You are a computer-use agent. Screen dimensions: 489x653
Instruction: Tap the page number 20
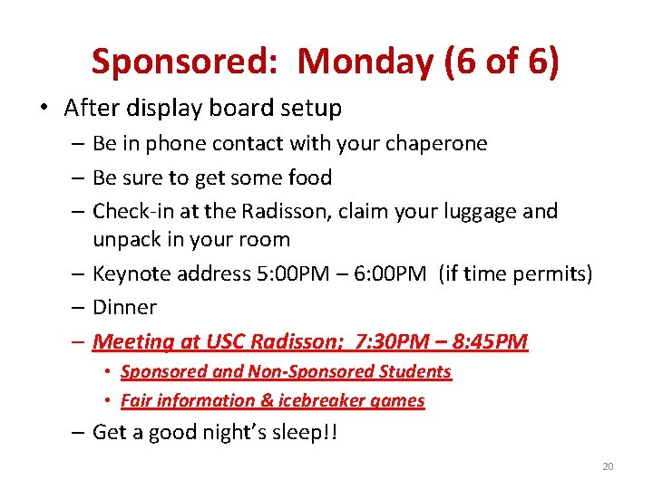pos(608,466)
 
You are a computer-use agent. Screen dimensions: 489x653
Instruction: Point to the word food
pos(309,177)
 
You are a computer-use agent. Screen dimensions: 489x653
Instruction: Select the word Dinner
pos(124,308)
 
